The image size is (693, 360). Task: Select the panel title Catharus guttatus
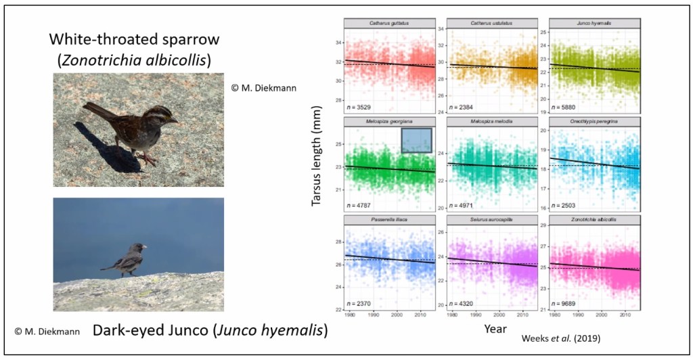coord(389,24)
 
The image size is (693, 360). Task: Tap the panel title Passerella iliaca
coord(389,221)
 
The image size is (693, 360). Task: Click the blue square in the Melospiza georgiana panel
coord(417,140)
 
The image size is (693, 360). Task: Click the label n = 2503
coord(566,205)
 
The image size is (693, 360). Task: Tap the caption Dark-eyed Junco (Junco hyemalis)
coord(210,331)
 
